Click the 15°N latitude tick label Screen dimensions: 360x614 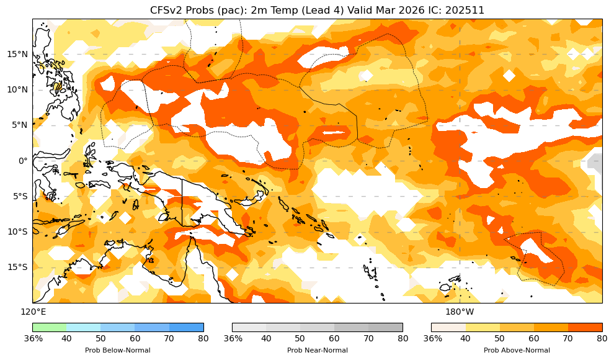[x=17, y=54]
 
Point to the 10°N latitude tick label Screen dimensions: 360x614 [x=17, y=89]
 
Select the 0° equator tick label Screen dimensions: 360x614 [x=23, y=161]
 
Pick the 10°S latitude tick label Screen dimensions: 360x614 [x=17, y=232]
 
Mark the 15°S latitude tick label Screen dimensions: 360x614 [x=17, y=267]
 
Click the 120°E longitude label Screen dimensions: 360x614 [x=33, y=312]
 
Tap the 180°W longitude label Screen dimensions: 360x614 [x=460, y=312]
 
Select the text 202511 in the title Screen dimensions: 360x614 [x=465, y=10]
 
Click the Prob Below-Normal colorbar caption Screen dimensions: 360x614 [x=118, y=351]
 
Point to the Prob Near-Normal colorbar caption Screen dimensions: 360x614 [x=317, y=351]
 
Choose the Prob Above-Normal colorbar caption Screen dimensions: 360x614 [x=516, y=351]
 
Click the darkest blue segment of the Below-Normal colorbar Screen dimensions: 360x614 [x=187, y=327]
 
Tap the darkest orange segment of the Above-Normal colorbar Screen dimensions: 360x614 [x=585, y=327]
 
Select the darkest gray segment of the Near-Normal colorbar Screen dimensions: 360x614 [x=386, y=327]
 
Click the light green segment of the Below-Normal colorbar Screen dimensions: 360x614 [x=50, y=327]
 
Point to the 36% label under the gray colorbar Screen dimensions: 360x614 [x=233, y=339]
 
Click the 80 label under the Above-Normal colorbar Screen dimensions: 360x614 [x=602, y=339]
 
